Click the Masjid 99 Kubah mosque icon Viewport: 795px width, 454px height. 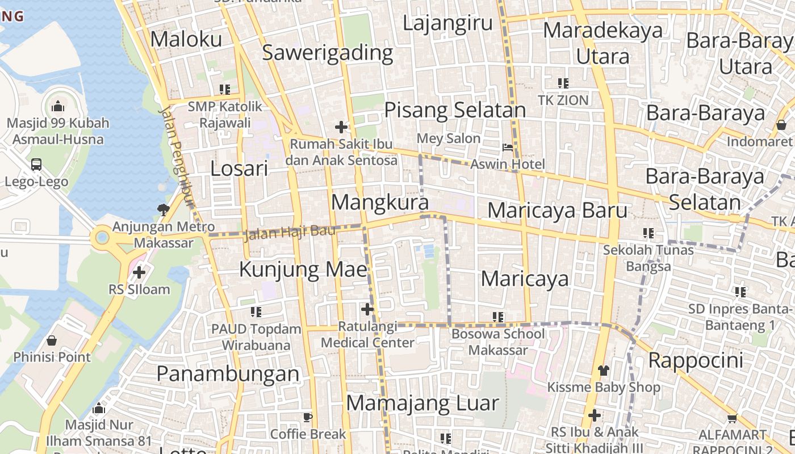(57, 106)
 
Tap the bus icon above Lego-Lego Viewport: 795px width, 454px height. (36, 165)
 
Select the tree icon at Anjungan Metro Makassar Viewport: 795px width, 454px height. (164, 210)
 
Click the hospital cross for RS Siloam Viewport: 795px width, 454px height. (139, 272)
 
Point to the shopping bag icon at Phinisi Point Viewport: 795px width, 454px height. (52, 340)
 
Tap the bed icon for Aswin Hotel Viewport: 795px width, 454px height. (508, 148)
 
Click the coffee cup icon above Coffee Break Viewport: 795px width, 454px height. (308, 418)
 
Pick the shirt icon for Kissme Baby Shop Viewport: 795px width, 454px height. (603, 371)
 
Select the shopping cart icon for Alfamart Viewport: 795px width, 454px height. (732, 419)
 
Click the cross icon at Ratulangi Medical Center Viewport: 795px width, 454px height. (367, 309)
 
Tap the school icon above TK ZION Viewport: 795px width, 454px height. (563, 83)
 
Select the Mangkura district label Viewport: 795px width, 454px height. (379, 202)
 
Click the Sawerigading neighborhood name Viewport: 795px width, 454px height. (328, 53)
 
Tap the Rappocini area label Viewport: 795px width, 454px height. (696, 360)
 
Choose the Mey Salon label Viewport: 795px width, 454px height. (449, 138)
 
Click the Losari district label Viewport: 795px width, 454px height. (239, 169)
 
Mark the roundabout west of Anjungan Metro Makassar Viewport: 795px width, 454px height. (102, 237)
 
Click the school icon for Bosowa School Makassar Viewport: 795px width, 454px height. (498, 317)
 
